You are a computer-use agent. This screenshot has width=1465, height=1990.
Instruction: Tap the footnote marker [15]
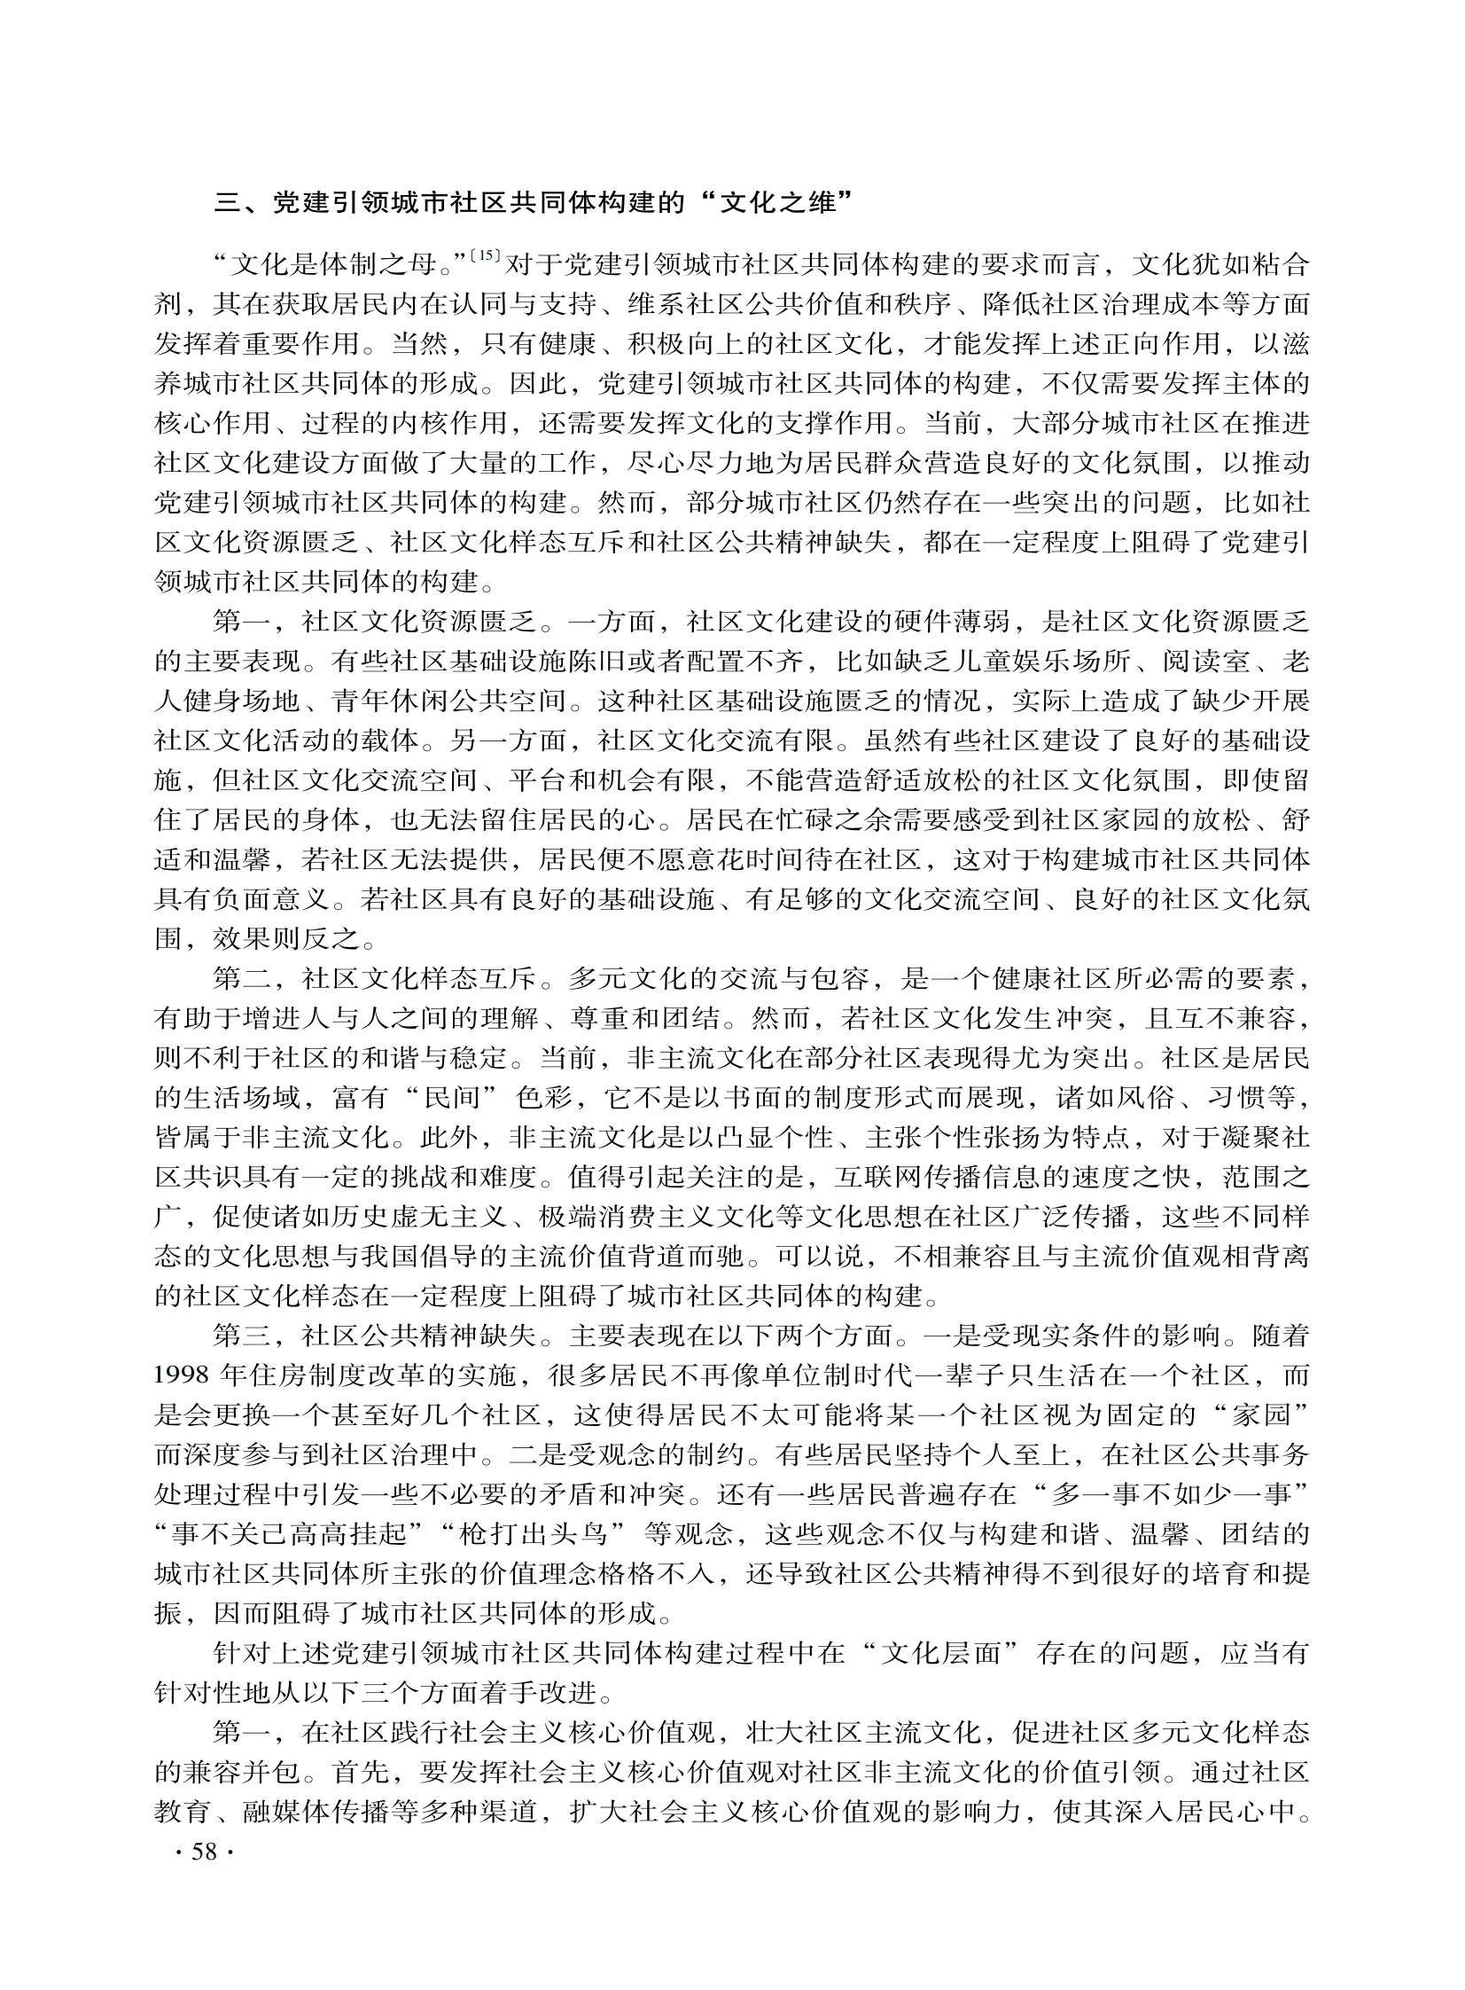pyautogui.click(x=487, y=256)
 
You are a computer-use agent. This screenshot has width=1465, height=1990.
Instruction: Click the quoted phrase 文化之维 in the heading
pyautogui.click(x=778, y=203)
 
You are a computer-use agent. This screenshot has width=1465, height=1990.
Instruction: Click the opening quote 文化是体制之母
pyautogui.click(x=347, y=264)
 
